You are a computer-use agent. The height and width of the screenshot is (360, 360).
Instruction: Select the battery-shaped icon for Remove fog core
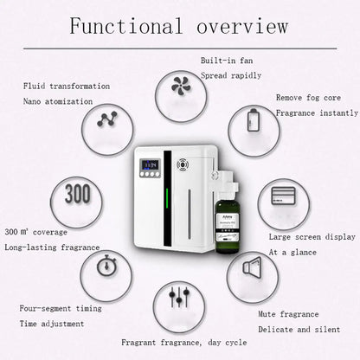[253, 119]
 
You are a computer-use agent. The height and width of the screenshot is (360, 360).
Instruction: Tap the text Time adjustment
[52, 323]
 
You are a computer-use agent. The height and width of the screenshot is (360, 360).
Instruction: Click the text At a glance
[289, 252]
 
